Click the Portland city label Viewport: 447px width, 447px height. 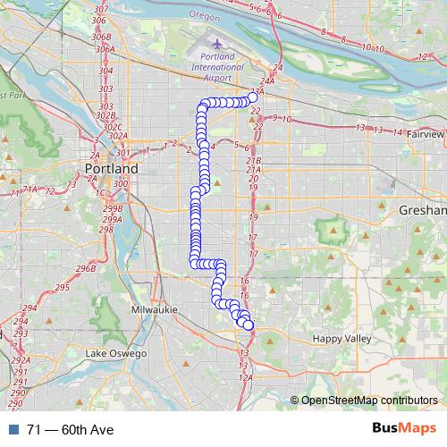point(112,168)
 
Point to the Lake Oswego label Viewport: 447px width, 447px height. point(112,354)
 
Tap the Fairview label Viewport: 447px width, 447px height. point(424,134)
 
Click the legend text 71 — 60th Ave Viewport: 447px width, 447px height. point(70,430)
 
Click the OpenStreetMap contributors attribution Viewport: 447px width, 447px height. point(367,401)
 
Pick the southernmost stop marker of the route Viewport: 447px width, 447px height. point(249,325)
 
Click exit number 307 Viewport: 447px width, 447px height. point(101,9)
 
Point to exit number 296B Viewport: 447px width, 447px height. point(86,268)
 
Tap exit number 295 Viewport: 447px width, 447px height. point(62,287)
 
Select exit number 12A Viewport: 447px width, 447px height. point(246,377)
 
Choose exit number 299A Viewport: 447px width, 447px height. point(112,219)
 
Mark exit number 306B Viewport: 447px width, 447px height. point(103,38)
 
